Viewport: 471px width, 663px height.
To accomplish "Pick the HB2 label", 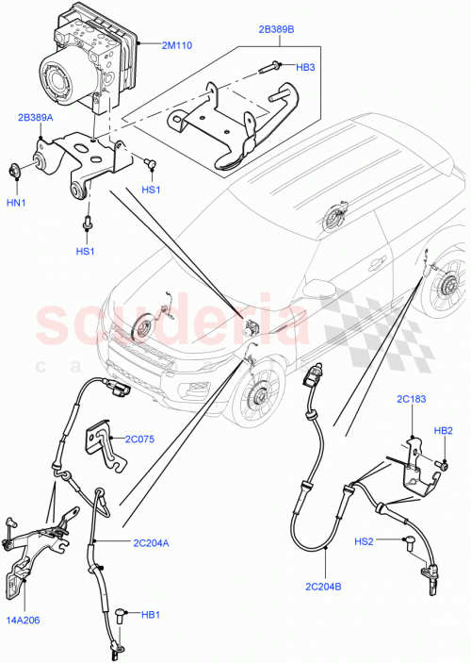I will pos(444,430).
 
